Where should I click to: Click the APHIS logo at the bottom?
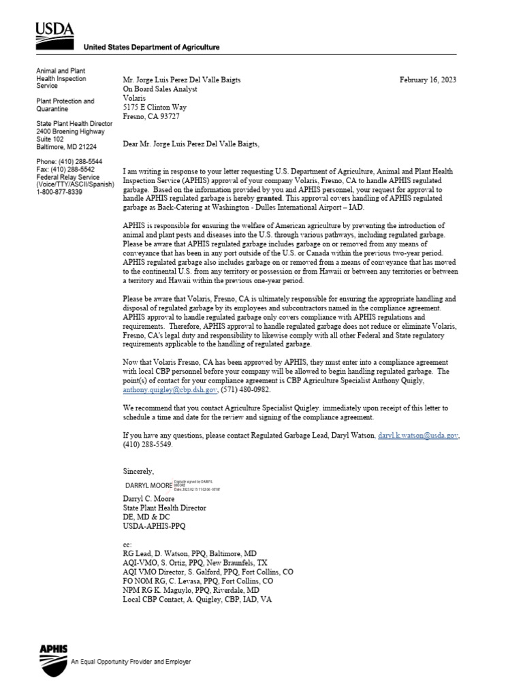(x=54, y=658)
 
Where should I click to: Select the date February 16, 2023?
(x=428, y=80)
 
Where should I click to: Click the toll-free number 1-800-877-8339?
(x=59, y=192)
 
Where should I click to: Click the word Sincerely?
(x=138, y=471)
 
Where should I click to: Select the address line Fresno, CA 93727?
(x=151, y=116)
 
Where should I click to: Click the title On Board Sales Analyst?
(x=159, y=89)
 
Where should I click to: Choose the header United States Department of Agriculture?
(x=151, y=47)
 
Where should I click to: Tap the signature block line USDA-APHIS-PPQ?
(x=153, y=526)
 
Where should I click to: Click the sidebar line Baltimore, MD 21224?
(x=66, y=146)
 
